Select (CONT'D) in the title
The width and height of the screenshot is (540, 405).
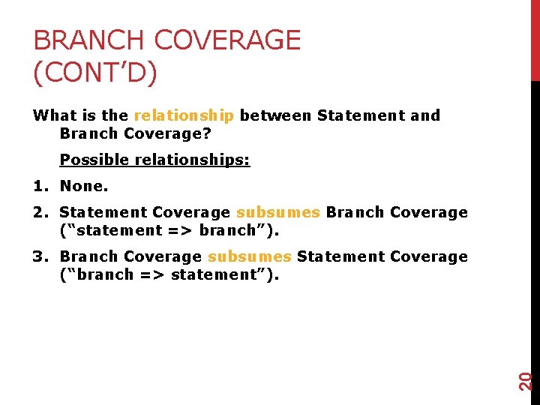95,73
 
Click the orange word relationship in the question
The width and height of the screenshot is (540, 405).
184,115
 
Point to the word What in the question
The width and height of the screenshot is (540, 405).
55,115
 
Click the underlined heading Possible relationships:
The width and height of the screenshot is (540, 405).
154,160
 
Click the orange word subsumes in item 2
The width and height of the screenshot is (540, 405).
277,212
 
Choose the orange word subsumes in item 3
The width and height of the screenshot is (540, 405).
249,256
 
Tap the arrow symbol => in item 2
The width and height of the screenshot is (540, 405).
181,230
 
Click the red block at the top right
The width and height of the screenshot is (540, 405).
535,39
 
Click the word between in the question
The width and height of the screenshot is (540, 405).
275,115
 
